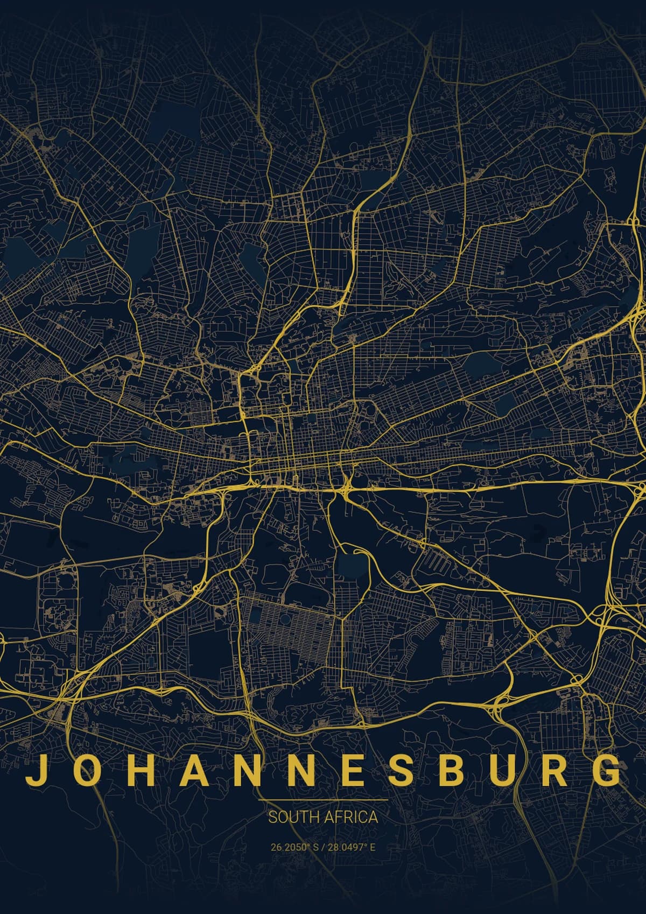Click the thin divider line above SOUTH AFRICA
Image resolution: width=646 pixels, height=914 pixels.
pos(323,800)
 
